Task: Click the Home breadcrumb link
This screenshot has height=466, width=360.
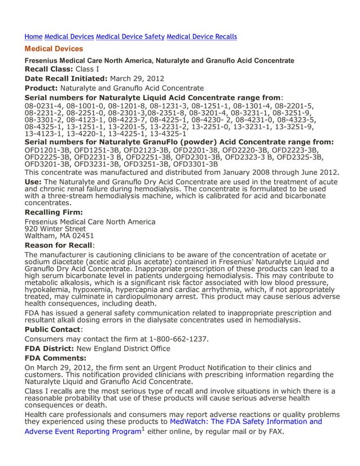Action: pos(33,37)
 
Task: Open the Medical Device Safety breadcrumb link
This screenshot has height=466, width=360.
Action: pos(130,37)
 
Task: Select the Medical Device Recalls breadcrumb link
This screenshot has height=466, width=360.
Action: pos(201,37)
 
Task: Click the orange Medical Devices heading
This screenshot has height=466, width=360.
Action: pos(54,49)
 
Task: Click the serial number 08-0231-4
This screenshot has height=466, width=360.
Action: pos(43,105)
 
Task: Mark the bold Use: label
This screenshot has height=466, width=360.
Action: pos(33,182)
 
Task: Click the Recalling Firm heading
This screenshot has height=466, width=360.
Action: pos(54,212)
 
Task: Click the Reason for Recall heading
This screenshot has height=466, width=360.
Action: pos(59,245)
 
